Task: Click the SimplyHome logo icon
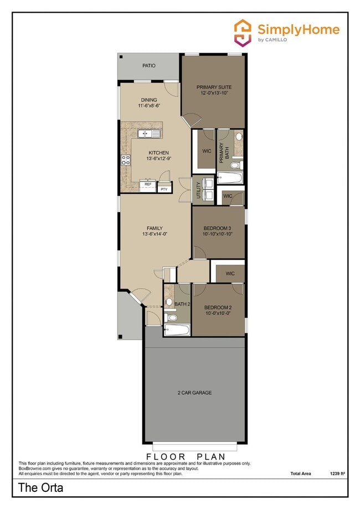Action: [243, 32]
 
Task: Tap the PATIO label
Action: [133, 65]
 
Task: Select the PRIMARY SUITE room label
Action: [214, 88]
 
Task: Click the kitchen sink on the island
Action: [148, 133]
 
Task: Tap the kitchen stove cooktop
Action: [126, 160]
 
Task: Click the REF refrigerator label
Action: [148, 184]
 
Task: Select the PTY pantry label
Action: [163, 189]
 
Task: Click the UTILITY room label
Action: [199, 190]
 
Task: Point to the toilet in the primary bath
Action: [235, 164]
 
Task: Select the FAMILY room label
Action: [155, 228]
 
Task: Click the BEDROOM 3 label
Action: [217, 228]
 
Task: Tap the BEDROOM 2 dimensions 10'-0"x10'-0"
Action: [217, 313]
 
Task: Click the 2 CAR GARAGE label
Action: [194, 393]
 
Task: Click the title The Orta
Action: [40, 488]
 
